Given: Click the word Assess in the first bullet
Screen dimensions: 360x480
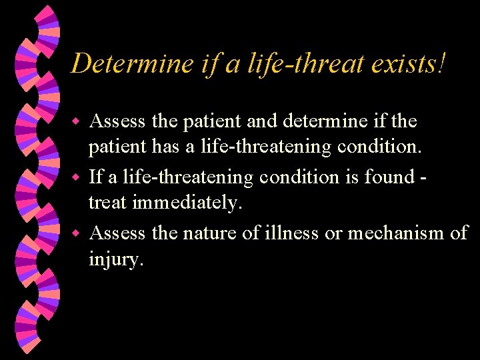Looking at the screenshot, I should pyautogui.click(x=118, y=121).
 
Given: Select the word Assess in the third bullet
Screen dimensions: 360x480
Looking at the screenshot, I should pyautogui.click(x=118, y=233).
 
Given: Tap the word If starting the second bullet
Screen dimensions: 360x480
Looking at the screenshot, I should pyautogui.click(x=95, y=177).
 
